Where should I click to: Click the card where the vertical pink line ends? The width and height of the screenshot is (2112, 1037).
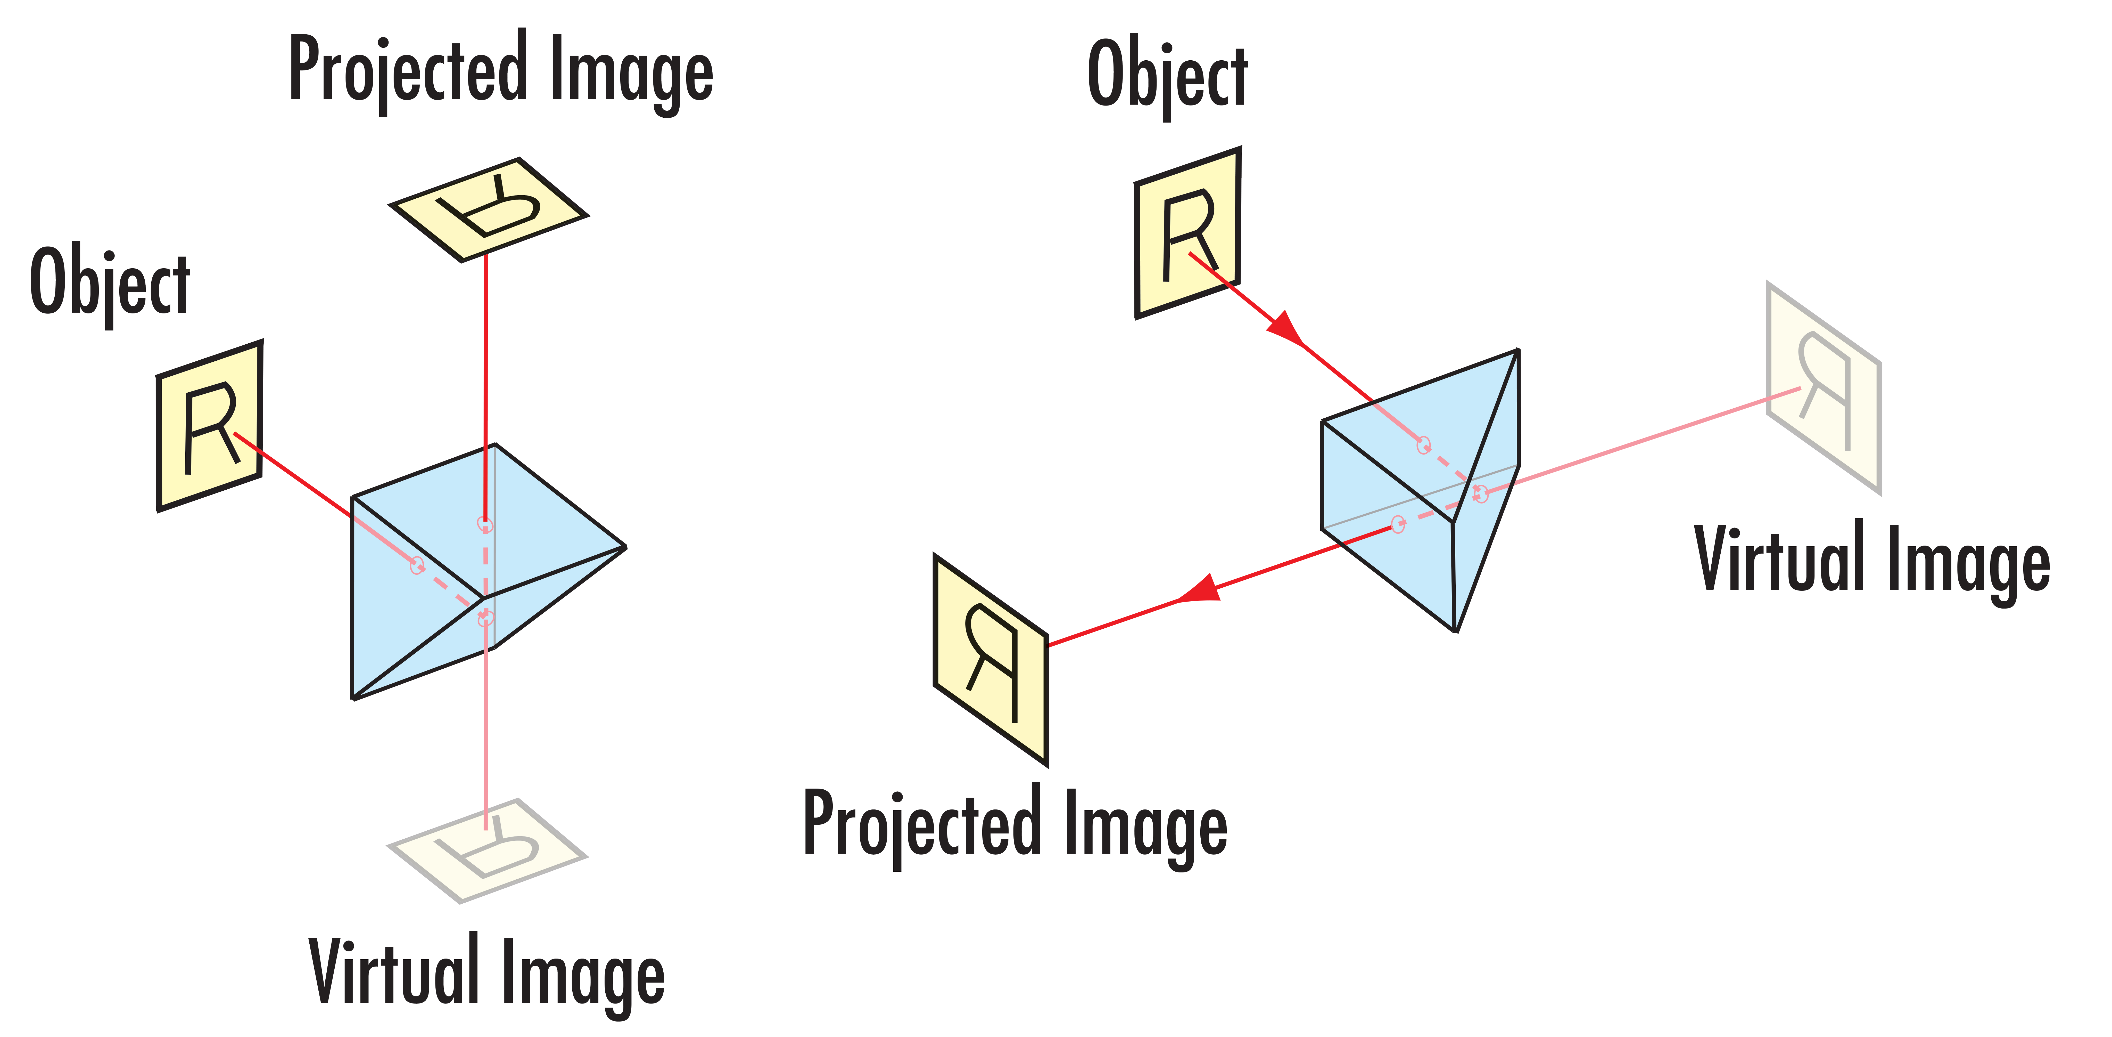coord(487,851)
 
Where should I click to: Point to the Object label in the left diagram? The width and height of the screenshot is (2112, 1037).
coord(110,281)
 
